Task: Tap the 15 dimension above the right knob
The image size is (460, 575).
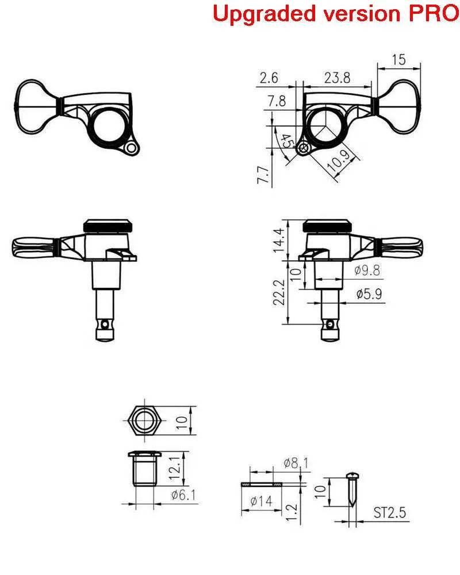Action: coord(398,59)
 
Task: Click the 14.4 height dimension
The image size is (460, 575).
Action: coord(278,241)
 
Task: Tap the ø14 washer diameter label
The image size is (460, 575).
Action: coord(262,501)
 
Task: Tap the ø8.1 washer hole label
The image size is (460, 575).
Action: coord(296,463)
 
